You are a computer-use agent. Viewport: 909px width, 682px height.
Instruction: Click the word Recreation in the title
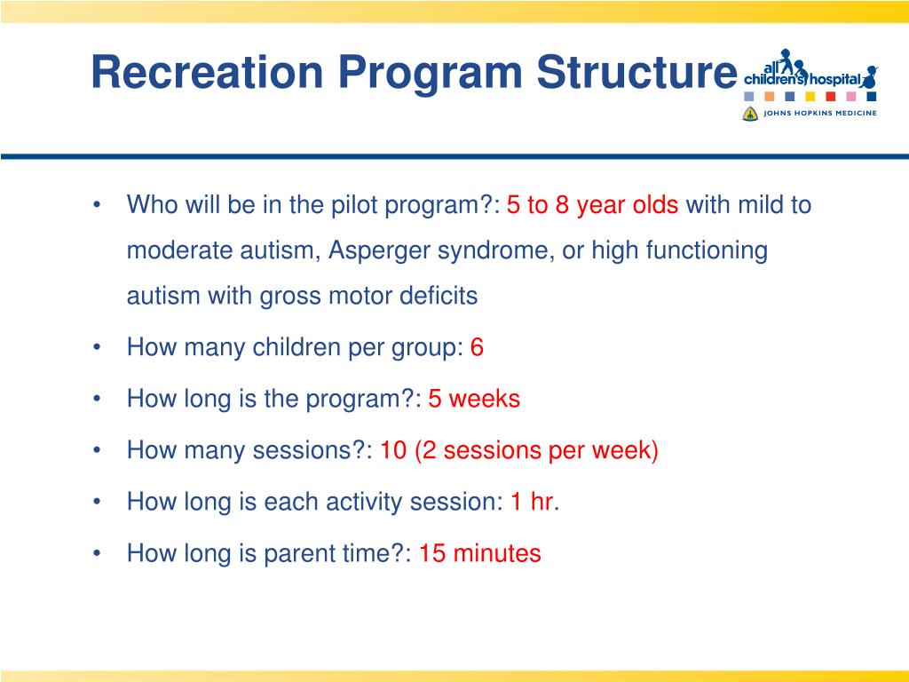coord(207,72)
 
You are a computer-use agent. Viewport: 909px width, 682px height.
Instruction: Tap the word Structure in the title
coord(636,72)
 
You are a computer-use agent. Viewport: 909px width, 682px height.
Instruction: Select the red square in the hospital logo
coord(830,96)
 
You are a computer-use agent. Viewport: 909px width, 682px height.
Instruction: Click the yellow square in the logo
coord(810,96)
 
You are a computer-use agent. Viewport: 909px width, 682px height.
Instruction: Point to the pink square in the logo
coord(850,96)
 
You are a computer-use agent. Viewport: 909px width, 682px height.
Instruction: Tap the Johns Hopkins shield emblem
coord(750,114)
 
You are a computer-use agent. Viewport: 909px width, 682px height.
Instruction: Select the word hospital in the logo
coord(834,79)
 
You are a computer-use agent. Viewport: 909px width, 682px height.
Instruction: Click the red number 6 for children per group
coord(477,347)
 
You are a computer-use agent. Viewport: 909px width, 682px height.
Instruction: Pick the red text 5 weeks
coord(474,399)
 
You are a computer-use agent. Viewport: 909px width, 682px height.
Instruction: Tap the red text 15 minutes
coord(480,553)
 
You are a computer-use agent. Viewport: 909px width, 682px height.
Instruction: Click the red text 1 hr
coord(534,502)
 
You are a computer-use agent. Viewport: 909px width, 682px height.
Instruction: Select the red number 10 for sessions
coord(393,450)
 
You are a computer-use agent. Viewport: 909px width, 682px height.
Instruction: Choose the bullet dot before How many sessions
coord(97,450)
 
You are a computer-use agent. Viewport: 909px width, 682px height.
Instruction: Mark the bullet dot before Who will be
coord(97,205)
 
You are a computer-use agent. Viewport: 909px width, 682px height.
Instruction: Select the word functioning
coord(707,251)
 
